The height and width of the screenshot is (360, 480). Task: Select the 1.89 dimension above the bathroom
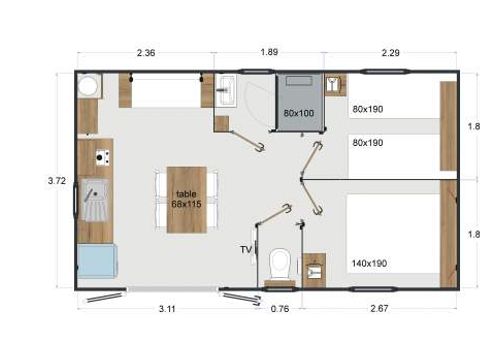(x=268, y=51)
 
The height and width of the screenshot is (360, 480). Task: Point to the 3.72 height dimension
(x=57, y=181)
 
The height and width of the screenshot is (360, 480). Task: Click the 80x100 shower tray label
(x=298, y=113)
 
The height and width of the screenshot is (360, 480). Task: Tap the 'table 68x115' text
(x=187, y=199)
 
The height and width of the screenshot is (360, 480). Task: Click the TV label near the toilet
(x=246, y=249)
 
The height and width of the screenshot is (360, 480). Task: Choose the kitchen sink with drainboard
(x=96, y=202)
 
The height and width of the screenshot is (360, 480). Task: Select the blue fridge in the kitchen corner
(x=96, y=262)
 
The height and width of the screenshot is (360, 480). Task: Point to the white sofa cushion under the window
(x=166, y=94)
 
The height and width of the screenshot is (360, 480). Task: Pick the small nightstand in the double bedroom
(x=316, y=268)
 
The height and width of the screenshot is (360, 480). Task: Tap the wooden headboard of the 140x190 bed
(x=447, y=240)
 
